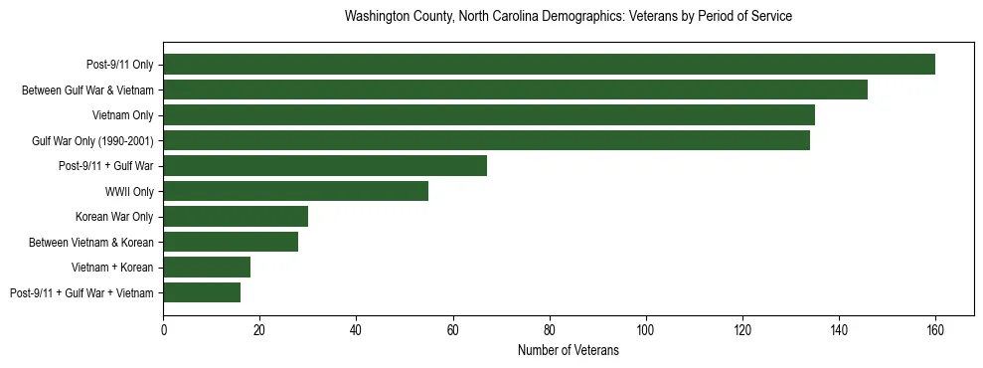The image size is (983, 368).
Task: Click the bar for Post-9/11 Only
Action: [x=549, y=65]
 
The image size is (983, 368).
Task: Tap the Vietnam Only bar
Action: [x=489, y=115]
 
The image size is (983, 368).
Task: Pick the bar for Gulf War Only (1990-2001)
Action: [x=486, y=140]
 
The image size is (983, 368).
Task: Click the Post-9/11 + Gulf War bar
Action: [x=325, y=166]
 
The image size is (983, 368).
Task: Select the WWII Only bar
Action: [x=296, y=191]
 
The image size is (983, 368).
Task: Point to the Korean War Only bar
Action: [x=236, y=216]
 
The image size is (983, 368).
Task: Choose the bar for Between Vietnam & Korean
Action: [x=231, y=242]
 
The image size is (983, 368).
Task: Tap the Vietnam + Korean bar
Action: [x=207, y=267]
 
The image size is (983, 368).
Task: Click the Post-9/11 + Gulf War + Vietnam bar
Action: [x=202, y=292]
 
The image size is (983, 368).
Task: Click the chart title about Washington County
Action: [x=568, y=17]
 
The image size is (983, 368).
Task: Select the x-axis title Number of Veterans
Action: [x=568, y=350]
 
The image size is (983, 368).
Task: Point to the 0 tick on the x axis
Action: [x=164, y=330]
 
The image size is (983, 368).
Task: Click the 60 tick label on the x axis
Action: [x=453, y=330]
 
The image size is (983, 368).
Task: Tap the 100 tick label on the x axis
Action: [x=646, y=330]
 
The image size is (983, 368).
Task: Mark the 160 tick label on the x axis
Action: [x=935, y=330]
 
